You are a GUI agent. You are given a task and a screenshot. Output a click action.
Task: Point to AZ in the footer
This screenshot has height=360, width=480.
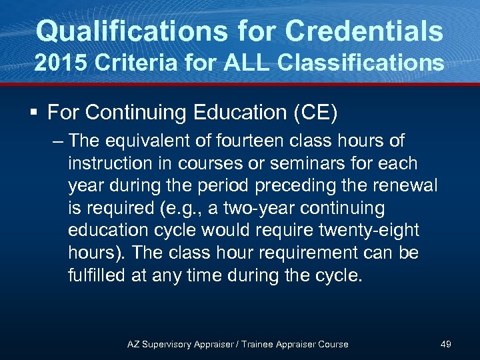(133, 344)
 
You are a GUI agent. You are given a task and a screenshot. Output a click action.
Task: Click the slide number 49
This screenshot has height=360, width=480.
(446, 344)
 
